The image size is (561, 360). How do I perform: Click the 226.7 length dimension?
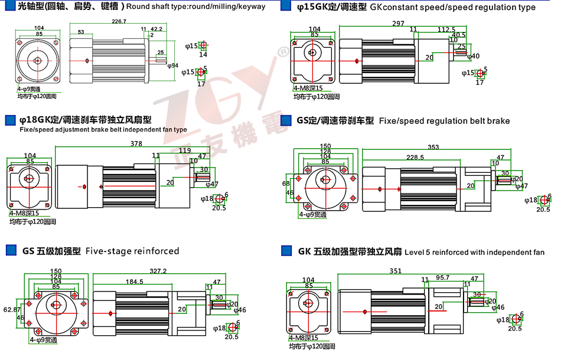(119, 22)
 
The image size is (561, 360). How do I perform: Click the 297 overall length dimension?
(397, 24)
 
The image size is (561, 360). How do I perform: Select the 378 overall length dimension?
(136, 143)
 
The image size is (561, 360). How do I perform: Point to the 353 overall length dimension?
(433, 147)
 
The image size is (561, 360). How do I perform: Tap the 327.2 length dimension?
(158, 271)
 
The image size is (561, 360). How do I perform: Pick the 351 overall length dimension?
(396, 271)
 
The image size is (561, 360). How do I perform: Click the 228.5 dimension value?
(415, 158)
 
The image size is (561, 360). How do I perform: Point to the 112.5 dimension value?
(446, 30)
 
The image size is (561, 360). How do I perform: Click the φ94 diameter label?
(173, 65)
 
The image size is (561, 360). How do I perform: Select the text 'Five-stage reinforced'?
(132, 251)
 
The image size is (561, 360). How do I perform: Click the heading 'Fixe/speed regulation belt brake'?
(444, 121)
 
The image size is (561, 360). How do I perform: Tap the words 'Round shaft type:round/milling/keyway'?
(196, 7)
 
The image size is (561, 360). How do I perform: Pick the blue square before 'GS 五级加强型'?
(11, 251)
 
